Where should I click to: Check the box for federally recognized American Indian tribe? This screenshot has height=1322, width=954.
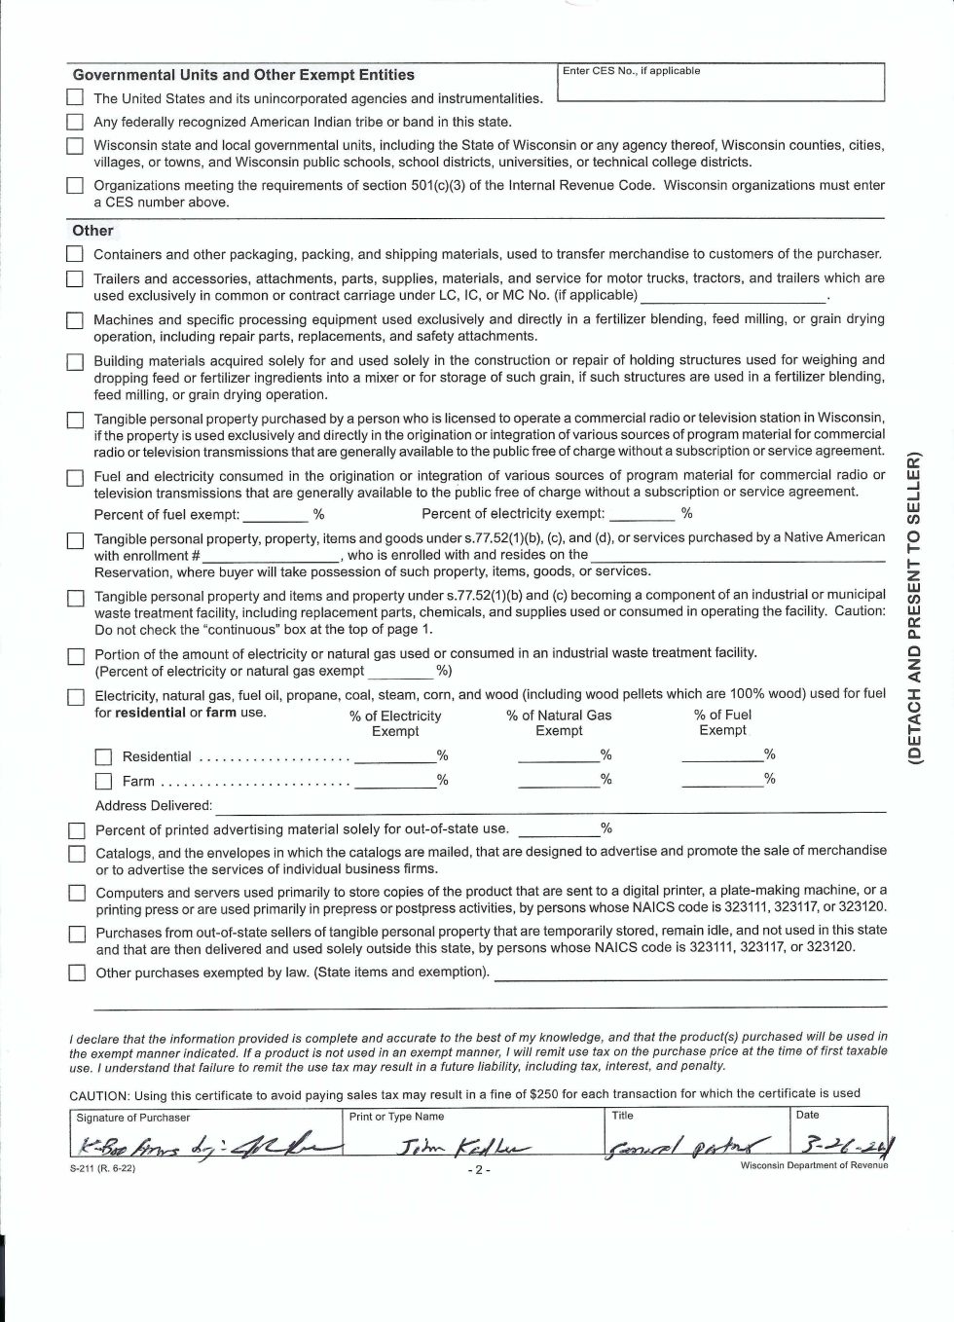click(75, 123)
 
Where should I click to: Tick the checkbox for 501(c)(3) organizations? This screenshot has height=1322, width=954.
click(75, 186)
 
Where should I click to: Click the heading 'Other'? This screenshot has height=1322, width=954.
click(92, 231)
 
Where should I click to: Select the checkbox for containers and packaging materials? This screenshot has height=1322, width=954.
click(75, 255)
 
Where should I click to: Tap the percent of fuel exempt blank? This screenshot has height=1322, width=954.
click(275, 514)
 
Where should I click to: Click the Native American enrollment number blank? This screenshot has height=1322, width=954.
click(271, 556)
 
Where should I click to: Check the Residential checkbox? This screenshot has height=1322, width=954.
click(103, 757)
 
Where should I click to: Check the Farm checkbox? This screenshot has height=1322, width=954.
click(103, 781)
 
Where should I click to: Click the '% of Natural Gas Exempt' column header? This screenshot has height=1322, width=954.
click(559, 722)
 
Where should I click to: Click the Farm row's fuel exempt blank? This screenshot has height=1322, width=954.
click(721, 779)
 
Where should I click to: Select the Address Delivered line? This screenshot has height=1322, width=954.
click(550, 806)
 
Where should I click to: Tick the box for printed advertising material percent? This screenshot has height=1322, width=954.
click(76, 830)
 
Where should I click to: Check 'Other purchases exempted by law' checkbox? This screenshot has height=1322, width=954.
click(76, 973)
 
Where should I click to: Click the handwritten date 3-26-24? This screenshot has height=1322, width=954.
click(844, 1143)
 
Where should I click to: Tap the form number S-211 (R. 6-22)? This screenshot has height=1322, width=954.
click(102, 1169)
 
